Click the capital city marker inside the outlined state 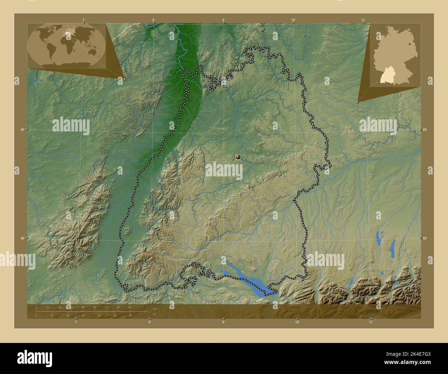click(x=238, y=157)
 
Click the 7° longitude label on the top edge click(x=84, y=20)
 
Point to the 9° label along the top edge click(x=224, y=20)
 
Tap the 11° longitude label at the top click(x=363, y=20)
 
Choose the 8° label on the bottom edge click(x=150, y=322)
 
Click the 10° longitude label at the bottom click(x=297, y=322)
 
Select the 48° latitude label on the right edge click(x=425, y=238)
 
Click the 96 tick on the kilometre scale click(x=130, y=307)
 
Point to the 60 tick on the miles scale click(x=131, y=315)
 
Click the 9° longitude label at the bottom click(x=223, y=322)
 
